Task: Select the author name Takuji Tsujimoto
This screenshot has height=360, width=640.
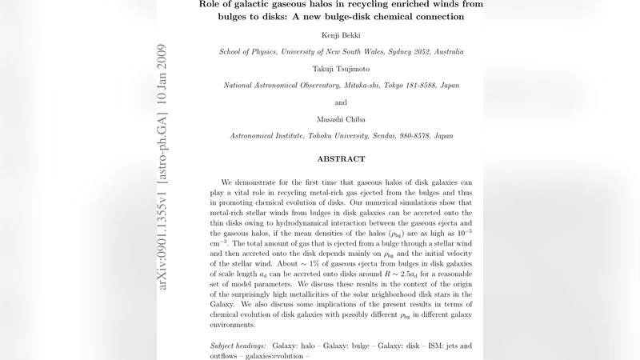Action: [341, 69]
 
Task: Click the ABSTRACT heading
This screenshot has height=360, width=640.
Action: [341, 159]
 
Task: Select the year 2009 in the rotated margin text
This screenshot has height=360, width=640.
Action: [163, 56]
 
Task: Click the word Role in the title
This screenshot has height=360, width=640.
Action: [210, 4]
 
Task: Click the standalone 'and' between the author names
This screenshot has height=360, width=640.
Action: [341, 102]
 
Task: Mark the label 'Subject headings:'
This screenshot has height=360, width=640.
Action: [244, 346]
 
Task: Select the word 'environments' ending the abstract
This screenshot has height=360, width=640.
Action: [238, 326]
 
